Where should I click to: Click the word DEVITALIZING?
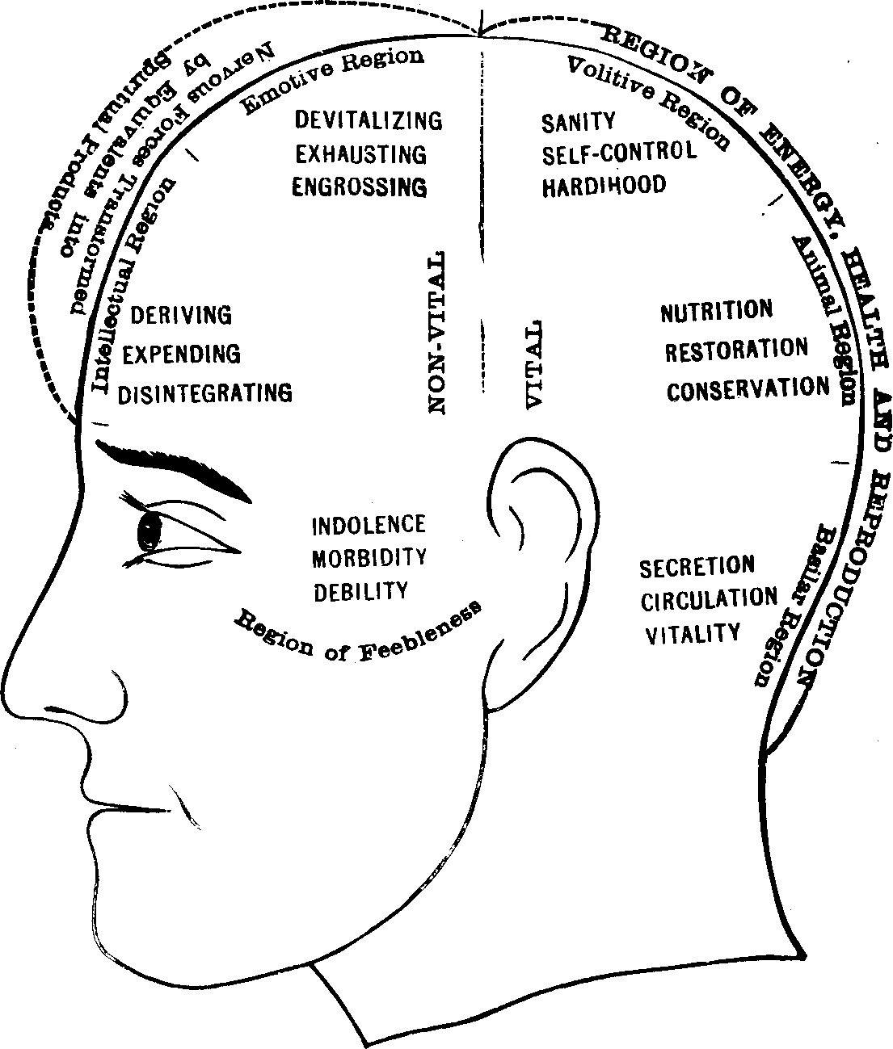point(368,121)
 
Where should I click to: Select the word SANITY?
point(578,122)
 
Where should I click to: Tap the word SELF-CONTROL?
point(618,152)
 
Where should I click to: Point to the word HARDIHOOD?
point(604,185)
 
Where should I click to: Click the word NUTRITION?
point(716,311)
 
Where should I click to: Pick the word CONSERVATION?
point(748,388)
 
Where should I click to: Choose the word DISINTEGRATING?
point(205,393)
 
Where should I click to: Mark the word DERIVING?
point(181,314)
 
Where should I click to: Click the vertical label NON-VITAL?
point(436,332)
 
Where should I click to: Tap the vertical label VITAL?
point(533,364)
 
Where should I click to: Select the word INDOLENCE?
point(369,525)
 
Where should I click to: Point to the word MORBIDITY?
point(369,558)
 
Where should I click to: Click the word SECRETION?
point(697,567)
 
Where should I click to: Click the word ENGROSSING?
point(359,187)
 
